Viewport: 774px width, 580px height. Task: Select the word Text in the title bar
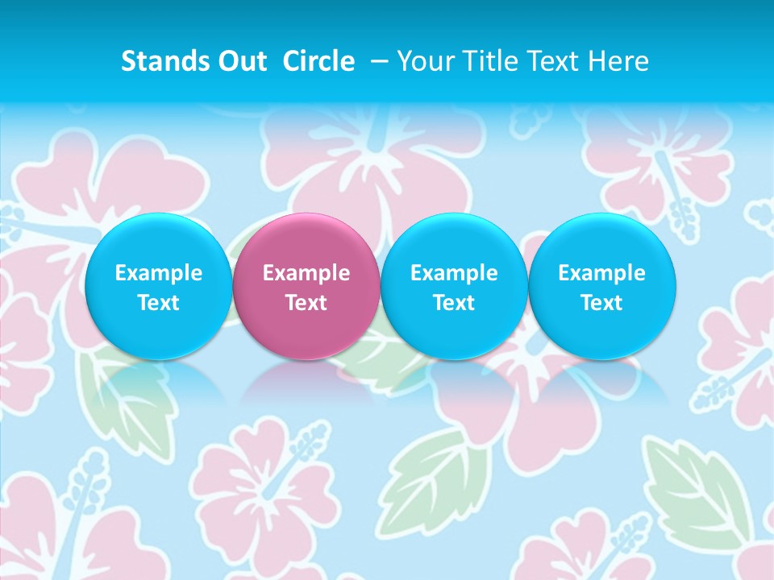[x=544, y=61]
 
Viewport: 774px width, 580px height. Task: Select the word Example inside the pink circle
[x=306, y=273]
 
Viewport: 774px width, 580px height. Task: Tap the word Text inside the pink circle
[x=306, y=303]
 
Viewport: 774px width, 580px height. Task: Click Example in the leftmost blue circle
[x=158, y=273]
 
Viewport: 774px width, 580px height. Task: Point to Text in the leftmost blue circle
[x=158, y=303]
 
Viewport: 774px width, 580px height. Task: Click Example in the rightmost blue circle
[x=601, y=273]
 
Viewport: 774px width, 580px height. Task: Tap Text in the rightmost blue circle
[x=601, y=303]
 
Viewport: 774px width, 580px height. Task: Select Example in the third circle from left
[x=454, y=273]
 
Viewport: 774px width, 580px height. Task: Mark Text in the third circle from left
[x=454, y=303]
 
